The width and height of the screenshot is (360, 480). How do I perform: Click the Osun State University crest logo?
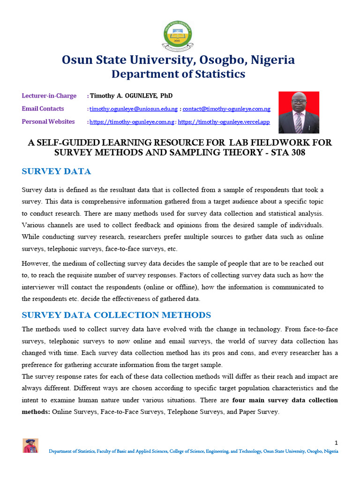(178, 35)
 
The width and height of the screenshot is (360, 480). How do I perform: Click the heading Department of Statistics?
(178, 74)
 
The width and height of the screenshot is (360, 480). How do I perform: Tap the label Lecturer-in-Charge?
(49, 96)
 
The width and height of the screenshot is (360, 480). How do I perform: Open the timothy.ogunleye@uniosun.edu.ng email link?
(134, 109)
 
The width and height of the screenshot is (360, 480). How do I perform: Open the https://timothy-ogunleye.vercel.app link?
(224, 122)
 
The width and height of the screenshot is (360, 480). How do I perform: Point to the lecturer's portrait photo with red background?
(299, 112)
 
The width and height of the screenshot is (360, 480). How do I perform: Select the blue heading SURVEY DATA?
(56, 172)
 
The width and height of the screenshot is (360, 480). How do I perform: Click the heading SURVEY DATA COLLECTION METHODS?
(116, 315)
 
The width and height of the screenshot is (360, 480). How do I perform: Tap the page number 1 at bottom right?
(336, 442)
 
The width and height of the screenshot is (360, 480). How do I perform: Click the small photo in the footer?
(30, 446)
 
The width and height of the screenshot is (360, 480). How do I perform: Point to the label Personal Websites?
(48, 122)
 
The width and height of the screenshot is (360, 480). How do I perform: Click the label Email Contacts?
(43, 109)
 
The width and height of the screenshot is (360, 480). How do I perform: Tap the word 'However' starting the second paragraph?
(36, 263)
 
